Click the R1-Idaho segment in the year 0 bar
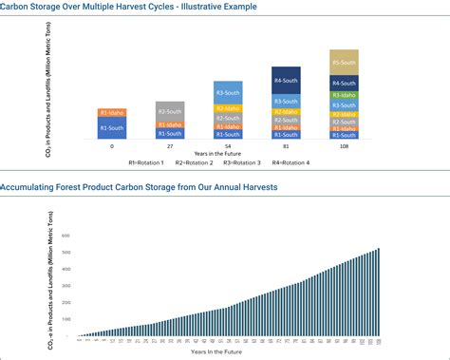point(112,113)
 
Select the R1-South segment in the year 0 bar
point(112,128)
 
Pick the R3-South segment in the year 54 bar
point(228,92)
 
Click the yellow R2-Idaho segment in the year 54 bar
point(228,108)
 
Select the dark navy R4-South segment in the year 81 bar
point(286,79)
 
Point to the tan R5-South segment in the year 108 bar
point(344,62)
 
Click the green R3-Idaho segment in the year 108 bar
point(344,96)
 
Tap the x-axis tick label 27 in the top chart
point(170,147)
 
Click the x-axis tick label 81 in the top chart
point(286,147)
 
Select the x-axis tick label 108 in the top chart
point(344,147)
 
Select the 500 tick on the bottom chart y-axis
point(67,253)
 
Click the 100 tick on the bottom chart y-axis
point(67,320)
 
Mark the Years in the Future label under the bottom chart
point(228,351)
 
